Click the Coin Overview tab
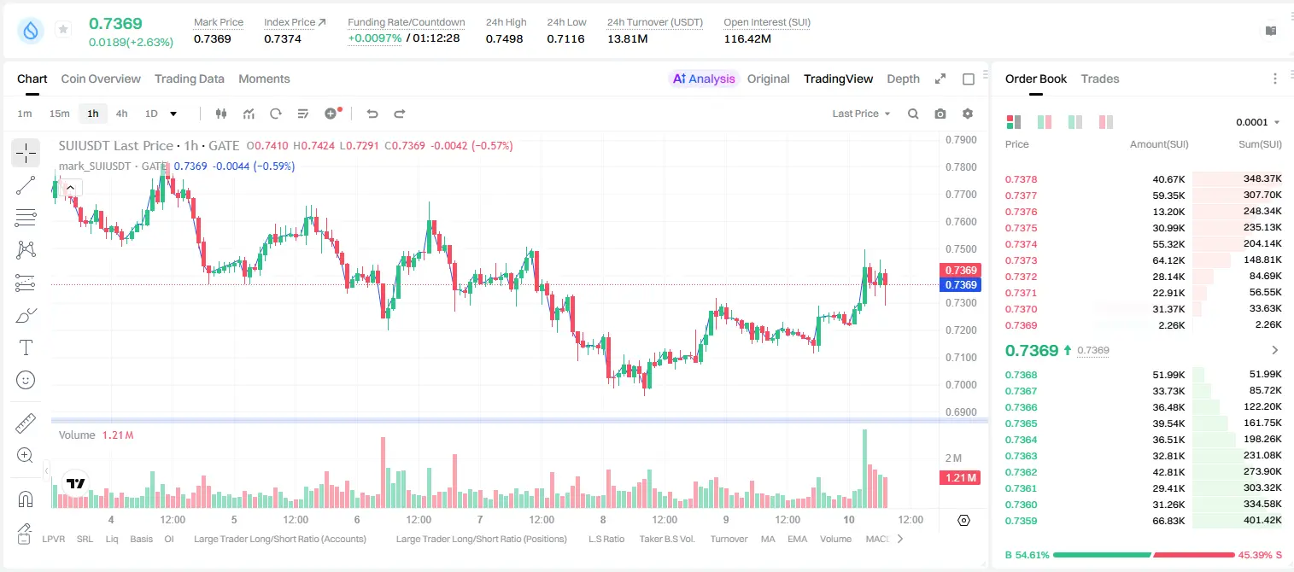pyautogui.click(x=101, y=79)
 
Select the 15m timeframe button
pyautogui.click(x=59, y=114)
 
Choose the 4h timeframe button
pyautogui.click(x=121, y=114)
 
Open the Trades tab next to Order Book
pyautogui.click(x=1100, y=79)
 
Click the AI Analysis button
pyautogui.click(x=704, y=79)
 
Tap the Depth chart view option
pyautogui.click(x=903, y=79)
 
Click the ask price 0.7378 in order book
pyautogui.click(x=1021, y=179)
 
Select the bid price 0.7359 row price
pyautogui.click(x=1021, y=521)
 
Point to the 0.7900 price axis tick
pyautogui.click(x=961, y=140)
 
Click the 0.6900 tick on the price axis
pyautogui.click(x=961, y=412)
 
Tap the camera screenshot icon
pyautogui.click(x=940, y=114)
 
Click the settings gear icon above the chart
pyautogui.click(x=968, y=114)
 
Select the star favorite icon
pyautogui.click(x=63, y=29)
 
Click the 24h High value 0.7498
pyautogui.click(x=504, y=38)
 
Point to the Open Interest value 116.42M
pyautogui.click(x=747, y=38)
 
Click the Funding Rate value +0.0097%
pyautogui.click(x=374, y=38)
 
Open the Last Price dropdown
pyautogui.click(x=861, y=114)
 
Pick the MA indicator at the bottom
pyautogui.click(x=768, y=539)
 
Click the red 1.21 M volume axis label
pyautogui.click(x=959, y=478)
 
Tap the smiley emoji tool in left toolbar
pyautogui.click(x=26, y=380)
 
